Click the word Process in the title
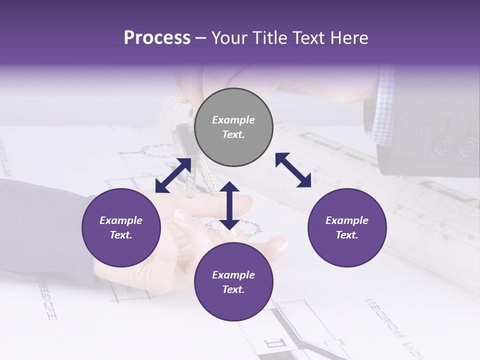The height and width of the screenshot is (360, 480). pyautogui.click(x=157, y=38)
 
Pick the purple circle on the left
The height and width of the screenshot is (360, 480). pyautogui.click(x=121, y=227)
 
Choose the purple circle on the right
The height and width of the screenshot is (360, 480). pyautogui.click(x=347, y=227)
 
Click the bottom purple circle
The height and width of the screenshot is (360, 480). pyautogui.click(x=233, y=282)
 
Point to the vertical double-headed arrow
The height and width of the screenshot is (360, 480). pyautogui.click(x=229, y=205)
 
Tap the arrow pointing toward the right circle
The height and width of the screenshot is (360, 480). pyautogui.click(x=293, y=170)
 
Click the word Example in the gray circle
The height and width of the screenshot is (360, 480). pyautogui.click(x=233, y=120)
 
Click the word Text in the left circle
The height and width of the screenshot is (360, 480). pyautogui.click(x=121, y=235)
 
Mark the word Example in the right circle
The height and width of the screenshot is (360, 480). pyautogui.click(x=347, y=220)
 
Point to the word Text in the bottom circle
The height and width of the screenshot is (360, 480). pyautogui.click(x=233, y=289)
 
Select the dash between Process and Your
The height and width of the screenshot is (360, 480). pyautogui.click(x=201, y=38)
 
